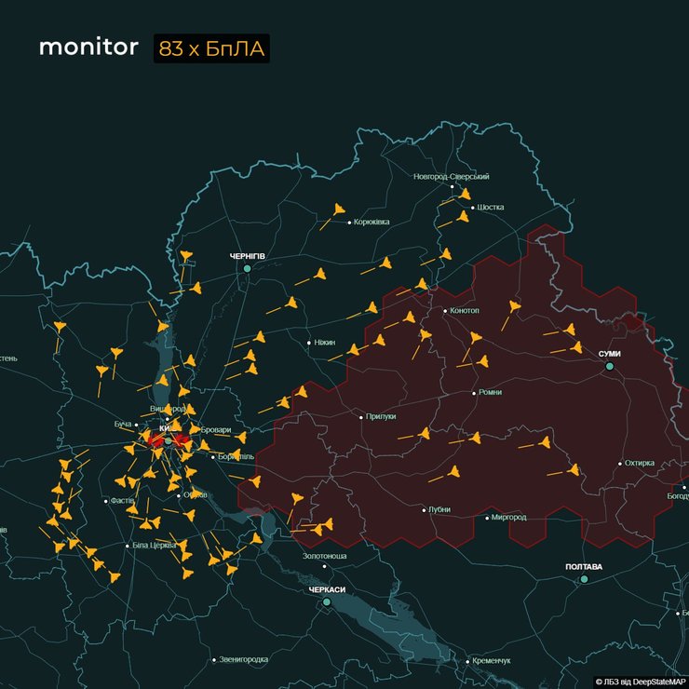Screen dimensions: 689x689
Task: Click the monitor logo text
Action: click(x=88, y=48)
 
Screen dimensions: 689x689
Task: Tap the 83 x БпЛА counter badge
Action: click(x=211, y=49)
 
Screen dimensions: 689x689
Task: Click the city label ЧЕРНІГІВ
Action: click(x=248, y=255)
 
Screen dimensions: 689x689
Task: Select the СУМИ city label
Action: click(x=610, y=354)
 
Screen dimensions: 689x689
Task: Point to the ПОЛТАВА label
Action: click(x=584, y=566)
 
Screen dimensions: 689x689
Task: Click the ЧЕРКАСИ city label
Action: click(x=327, y=589)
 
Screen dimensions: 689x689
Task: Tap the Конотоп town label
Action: click(x=465, y=310)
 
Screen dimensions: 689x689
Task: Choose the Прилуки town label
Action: click(x=381, y=416)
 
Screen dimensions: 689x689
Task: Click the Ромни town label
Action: click(x=489, y=393)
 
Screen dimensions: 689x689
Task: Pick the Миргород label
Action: click(x=508, y=517)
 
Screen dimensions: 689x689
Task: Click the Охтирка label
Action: click(x=640, y=463)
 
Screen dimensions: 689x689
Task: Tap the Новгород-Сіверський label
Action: click(x=452, y=176)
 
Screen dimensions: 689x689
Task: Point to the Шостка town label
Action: click(x=490, y=207)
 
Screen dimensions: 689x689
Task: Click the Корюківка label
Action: click(x=371, y=222)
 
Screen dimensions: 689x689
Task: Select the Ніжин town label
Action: click(x=324, y=343)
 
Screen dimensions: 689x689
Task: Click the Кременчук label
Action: click(x=492, y=660)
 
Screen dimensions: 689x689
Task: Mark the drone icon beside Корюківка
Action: click(x=338, y=210)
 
